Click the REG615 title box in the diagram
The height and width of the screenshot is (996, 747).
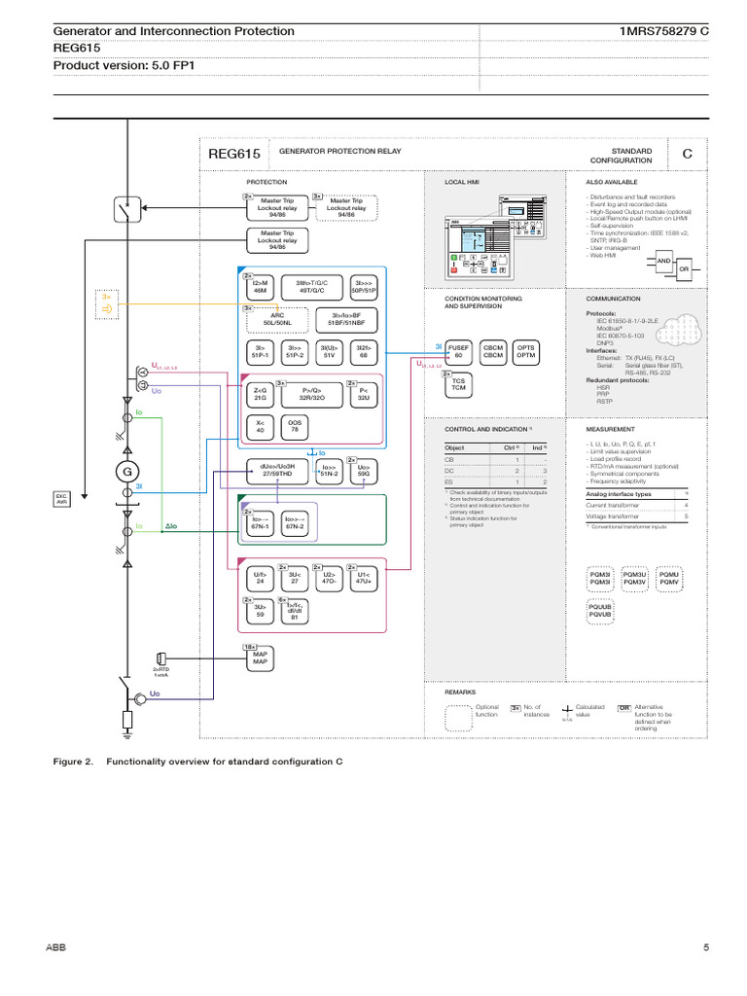[234, 154]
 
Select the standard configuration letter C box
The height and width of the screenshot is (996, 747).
[687, 154]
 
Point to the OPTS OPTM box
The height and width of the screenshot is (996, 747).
[525, 351]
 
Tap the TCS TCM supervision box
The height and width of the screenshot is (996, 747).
[459, 384]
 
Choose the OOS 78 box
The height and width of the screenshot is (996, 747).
[295, 426]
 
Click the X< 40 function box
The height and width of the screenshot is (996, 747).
[260, 426]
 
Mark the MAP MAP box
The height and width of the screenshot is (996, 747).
[260, 658]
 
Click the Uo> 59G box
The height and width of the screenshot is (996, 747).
[364, 471]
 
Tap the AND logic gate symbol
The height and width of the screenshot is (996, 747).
[664, 262]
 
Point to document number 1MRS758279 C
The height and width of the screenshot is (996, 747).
[664, 31]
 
